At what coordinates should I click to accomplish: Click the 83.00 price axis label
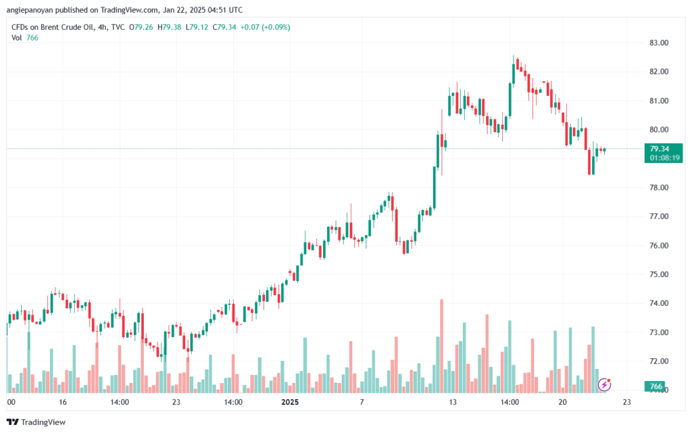click(x=658, y=43)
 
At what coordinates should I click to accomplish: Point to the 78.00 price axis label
click(x=658, y=187)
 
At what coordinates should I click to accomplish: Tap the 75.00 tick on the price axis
click(x=658, y=274)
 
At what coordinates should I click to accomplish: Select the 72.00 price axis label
click(x=658, y=361)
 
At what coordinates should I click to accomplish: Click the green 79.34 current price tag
click(x=659, y=149)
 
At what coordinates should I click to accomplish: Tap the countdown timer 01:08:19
click(x=664, y=157)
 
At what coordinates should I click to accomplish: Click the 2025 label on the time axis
click(x=289, y=402)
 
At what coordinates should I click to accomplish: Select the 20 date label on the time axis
click(x=562, y=402)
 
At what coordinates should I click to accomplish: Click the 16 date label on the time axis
click(x=63, y=402)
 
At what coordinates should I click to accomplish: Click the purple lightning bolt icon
click(x=605, y=384)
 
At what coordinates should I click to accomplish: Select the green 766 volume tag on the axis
click(x=654, y=386)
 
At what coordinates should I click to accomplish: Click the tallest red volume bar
click(x=441, y=345)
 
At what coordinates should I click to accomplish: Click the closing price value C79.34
click(x=225, y=27)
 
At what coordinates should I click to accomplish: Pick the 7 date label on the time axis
click(x=362, y=402)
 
